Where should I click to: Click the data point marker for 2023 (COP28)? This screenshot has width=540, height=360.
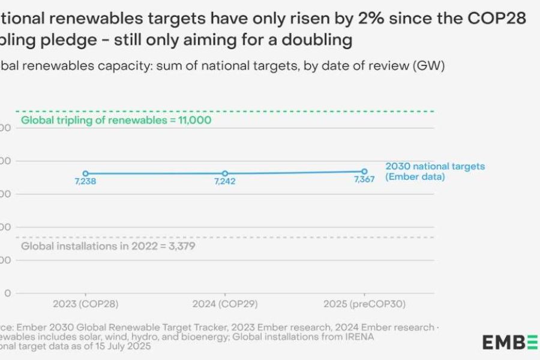[85, 173]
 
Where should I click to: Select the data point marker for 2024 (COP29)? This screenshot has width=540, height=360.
[225, 173]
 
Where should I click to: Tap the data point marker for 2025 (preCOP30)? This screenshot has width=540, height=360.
[364, 171]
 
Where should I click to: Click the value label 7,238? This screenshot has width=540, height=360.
[85, 182]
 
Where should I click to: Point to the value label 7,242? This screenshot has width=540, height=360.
[225, 182]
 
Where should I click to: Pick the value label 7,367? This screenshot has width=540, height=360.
[364, 180]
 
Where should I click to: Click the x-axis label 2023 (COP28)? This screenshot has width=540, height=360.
[85, 304]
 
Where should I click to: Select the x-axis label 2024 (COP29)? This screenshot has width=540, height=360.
[225, 304]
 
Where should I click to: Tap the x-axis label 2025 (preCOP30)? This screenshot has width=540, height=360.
[365, 304]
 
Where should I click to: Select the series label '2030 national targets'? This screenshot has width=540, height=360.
[435, 166]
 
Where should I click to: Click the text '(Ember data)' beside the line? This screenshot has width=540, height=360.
[415, 177]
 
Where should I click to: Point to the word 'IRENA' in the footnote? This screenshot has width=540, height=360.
[358, 337]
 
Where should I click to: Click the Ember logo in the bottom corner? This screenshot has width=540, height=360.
[510, 343]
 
